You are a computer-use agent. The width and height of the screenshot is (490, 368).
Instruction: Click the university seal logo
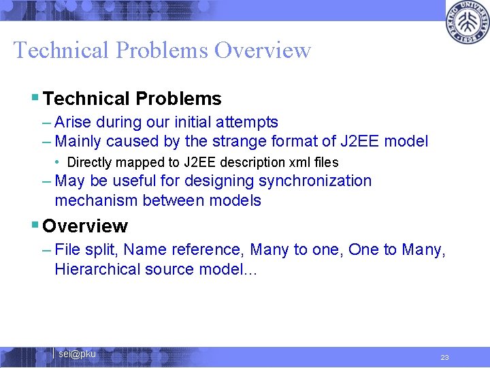pos(467,23)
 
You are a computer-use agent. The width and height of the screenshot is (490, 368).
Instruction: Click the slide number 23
pos(444,358)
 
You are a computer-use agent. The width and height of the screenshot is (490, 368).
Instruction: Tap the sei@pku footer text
pos(77,354)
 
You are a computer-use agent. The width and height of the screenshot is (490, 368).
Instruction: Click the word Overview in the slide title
pos(262,50)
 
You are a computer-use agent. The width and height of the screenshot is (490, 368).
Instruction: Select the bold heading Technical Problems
pos(132,99)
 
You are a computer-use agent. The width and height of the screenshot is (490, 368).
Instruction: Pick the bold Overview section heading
pos(85,226)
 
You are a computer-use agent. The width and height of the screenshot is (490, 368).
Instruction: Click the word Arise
pos(73,123)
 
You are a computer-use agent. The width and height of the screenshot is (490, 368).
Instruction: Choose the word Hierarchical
pos(97,269)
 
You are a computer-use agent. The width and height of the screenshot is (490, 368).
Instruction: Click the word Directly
pos(90,162)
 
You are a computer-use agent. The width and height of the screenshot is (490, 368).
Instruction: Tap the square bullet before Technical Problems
pos(35,99)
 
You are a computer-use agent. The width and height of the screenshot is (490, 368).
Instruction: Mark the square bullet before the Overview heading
pos(35,226)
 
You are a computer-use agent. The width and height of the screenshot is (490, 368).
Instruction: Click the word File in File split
pos(67,250)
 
